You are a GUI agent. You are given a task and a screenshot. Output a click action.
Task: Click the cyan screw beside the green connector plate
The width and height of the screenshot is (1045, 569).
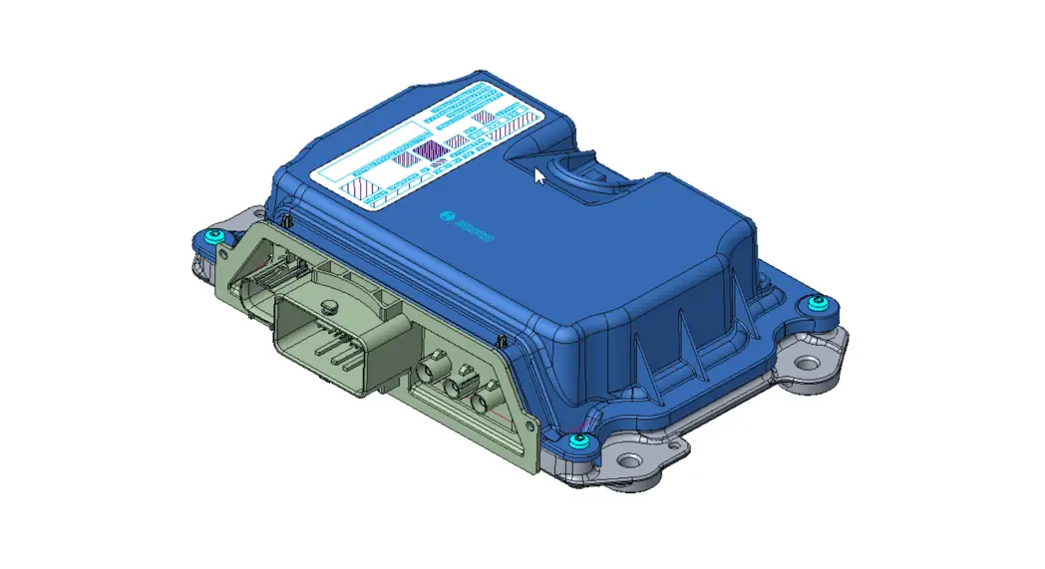pos(213,236)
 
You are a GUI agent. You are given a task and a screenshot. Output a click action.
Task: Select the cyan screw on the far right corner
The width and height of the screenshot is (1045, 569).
pos(818,302)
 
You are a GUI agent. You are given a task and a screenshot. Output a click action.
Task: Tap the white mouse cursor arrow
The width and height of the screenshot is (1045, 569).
pos(539,176)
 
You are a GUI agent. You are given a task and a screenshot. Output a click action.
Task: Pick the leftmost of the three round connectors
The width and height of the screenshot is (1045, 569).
pos(430,370)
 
